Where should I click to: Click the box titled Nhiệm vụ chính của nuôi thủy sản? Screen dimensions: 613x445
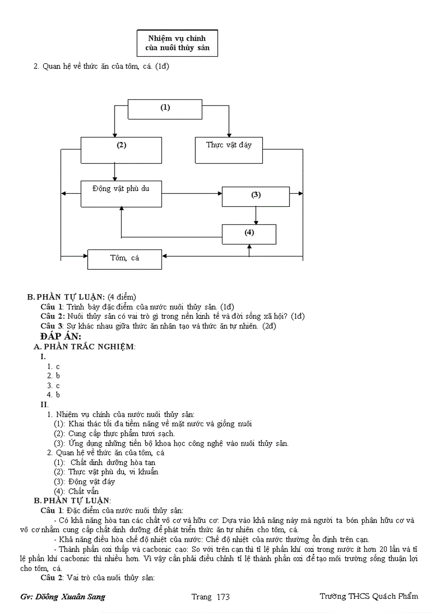[x=177, y=43]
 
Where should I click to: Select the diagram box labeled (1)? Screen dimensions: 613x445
[x=165, y=109]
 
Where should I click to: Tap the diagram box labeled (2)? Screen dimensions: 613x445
[x=121, y=150]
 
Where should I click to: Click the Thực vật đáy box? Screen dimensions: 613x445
[x=228, y=150]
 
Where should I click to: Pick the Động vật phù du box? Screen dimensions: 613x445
[x=121, y=194]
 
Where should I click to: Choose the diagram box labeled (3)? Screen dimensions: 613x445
[x=256, y=196]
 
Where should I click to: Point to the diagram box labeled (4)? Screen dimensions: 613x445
[x=249, y=234]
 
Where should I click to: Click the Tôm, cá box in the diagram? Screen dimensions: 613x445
[x=124, y=259]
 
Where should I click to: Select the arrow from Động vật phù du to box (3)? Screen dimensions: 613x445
[x=191, y=193]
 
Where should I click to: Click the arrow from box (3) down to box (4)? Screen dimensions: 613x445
[x=256, y=215]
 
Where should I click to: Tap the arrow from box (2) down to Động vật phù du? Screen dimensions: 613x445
[x=115, y=171]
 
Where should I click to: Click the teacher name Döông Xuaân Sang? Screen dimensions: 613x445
[x=70, y=597]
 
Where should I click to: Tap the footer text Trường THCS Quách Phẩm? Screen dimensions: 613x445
[x=369, y=596]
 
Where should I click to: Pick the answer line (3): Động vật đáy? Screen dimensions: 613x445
[x=84, y=481]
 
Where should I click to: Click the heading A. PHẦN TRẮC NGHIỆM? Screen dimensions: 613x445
[x=85, y=347]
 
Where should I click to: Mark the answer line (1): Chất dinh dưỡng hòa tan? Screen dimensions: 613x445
[x=104, y=462]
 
